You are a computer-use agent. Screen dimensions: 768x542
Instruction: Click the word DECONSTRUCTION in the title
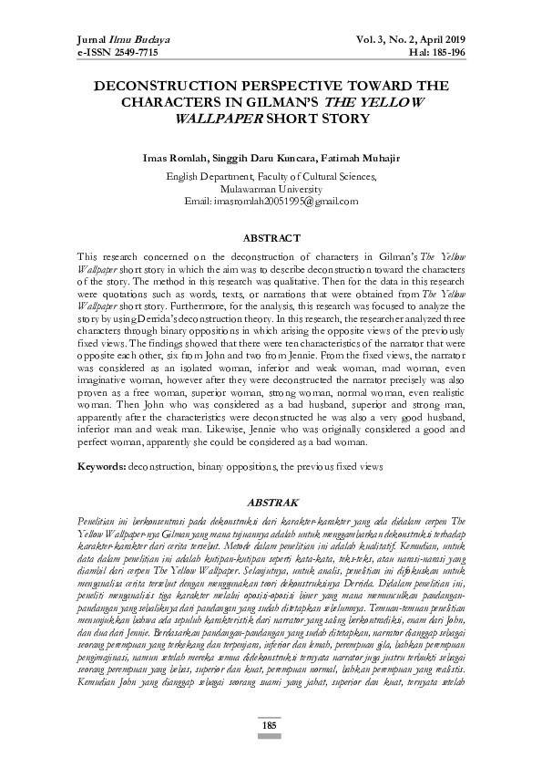[x=170, y=87]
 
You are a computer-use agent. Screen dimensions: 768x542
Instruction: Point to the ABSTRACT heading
[x=271, y=238]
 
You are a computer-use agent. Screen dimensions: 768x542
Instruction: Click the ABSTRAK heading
[x=271, y=503]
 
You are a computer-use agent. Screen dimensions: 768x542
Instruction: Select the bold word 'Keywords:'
[x=101, y=466]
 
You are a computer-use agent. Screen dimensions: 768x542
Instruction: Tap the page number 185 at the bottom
[x=271, y=751]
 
